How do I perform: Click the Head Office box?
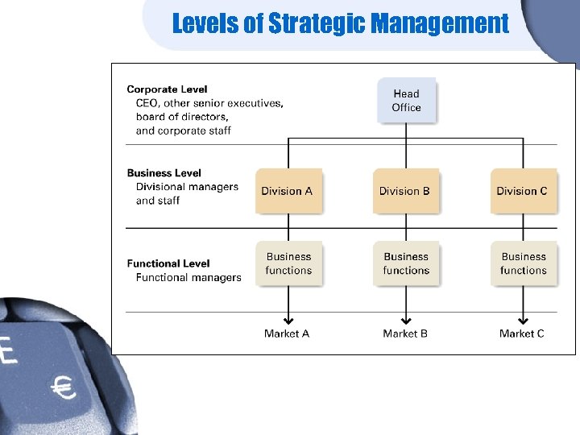tap(406, 101)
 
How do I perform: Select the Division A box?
tap(288, 191)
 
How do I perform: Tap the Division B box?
tap(405, 191)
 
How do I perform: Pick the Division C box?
tap(522, 191)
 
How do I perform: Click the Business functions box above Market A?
tap(288, 263)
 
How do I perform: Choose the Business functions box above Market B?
tap(406, 263)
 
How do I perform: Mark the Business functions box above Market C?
tap(523, 263)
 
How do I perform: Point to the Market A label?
tap(287, 333)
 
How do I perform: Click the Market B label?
tap(405, 333)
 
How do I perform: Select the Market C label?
tap(522, 333)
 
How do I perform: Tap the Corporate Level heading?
tap(167, 89)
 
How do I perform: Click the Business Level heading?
tap(164, 173)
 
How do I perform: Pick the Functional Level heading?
tap(168, 263)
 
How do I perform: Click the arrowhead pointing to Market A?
tap(288, 320)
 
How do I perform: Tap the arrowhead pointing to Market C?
tap(523, 320)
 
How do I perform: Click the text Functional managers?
tap(188, 278)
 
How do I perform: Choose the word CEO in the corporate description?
tap(147, 103)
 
